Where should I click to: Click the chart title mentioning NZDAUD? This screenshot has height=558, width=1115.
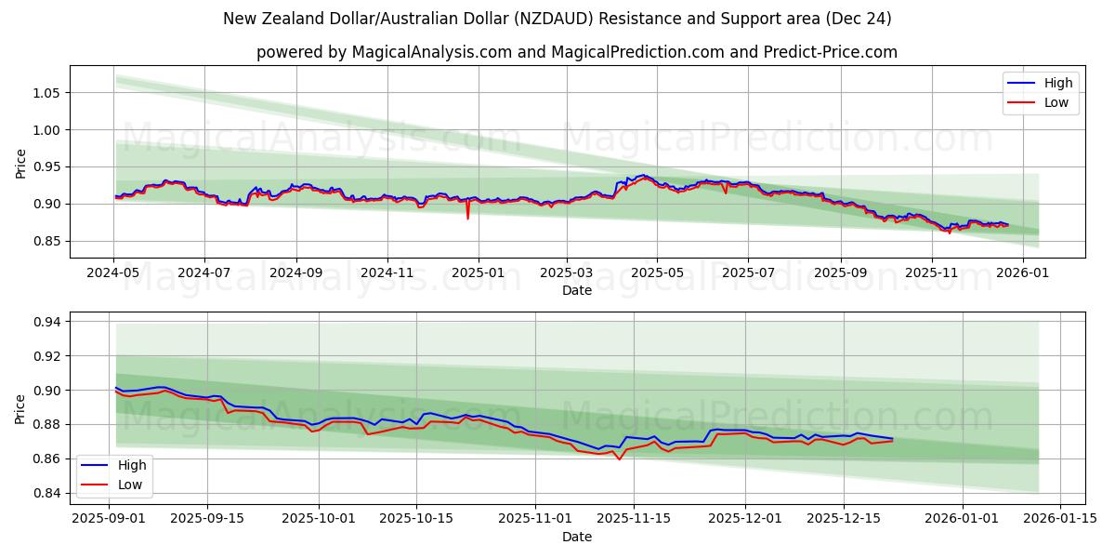tap(557, 19)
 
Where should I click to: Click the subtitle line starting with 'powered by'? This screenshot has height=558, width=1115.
tap(576, 52)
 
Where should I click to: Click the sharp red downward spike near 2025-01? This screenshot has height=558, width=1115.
tap(467, 217)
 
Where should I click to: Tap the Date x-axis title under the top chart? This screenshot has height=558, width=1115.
tap(576, 290)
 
